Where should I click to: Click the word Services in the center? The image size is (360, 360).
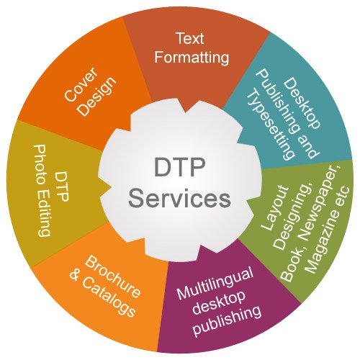[179, 196]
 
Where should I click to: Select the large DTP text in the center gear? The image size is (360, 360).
[179, 168]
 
